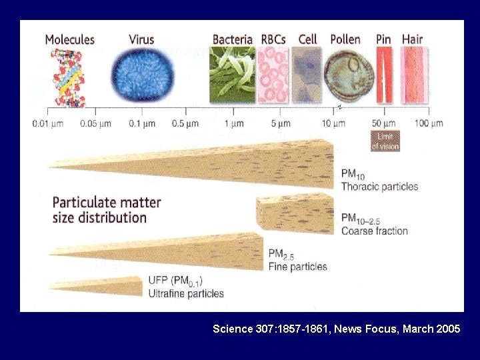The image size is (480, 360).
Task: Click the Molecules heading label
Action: tap(69, 39)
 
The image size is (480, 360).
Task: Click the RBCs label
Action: tap(273, 39)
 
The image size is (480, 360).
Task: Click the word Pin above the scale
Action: tap(383, 39)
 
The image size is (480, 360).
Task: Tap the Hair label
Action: tap(413, 39)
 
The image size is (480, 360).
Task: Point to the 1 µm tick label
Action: tap(233, 123)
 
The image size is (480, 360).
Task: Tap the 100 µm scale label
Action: tap(428, 123)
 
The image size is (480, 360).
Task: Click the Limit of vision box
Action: tap(385, 141)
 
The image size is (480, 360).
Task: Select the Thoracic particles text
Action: tap(379, 187)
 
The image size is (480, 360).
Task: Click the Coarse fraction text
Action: tap(374, 231)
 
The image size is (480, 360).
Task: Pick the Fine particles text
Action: tap(297, 267)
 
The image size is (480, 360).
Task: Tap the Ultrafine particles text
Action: tap(186, 293)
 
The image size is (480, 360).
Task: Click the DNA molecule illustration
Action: tap(69, 78)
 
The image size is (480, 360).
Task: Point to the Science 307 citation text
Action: tap(336, 329)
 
